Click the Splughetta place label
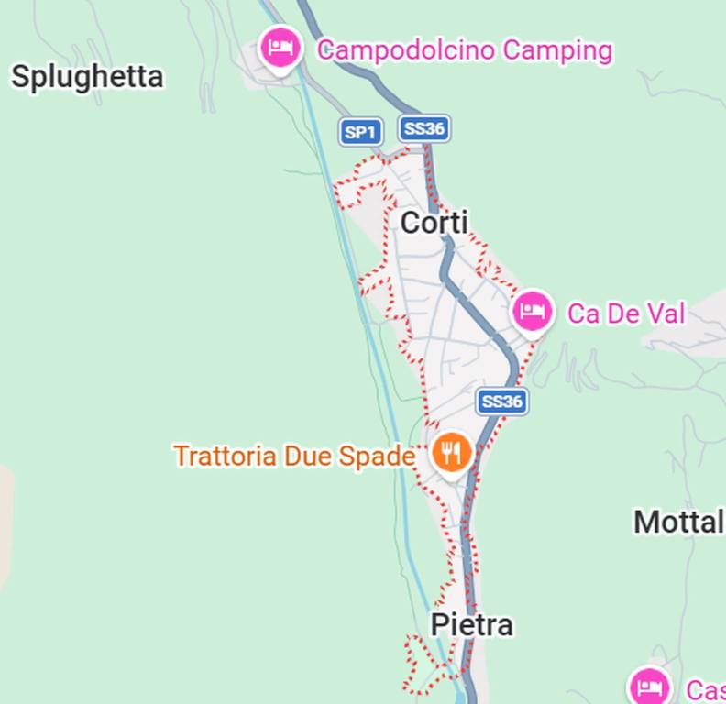(87, 77)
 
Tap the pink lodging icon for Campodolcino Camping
(280, 47)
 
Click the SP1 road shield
(360, 132)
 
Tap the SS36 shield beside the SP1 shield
(423, 129)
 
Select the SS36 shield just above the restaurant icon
(501, 401)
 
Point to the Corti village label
(434, 223)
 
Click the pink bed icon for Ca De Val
(532, 311)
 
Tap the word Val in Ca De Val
(665, 313)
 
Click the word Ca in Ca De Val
(583, 313)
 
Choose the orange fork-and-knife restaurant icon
(451, 452)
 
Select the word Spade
(377, 456)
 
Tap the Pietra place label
(471, 625)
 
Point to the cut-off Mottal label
(678, 522)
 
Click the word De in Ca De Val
(623, 313)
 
